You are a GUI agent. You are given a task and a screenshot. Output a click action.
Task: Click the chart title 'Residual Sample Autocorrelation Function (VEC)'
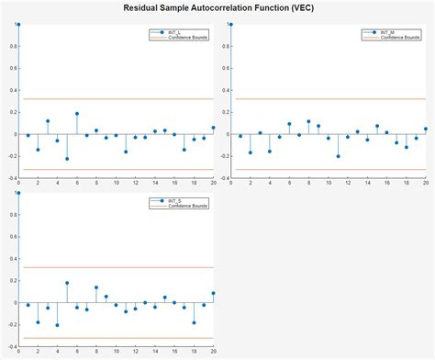(x=217, y=6)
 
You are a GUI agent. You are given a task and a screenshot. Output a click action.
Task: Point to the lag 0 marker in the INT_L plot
(x=18, y=24)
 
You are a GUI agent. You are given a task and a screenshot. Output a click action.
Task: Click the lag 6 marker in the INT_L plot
(x=77, y=114)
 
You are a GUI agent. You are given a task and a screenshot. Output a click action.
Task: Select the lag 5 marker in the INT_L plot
(x=67, y=159)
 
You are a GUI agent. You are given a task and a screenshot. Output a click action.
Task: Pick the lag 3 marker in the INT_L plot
(x=48, y=120)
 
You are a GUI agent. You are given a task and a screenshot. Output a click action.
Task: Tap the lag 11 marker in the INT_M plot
(x=338, y=156)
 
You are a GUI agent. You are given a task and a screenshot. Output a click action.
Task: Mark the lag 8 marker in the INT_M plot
(x=308, y=121)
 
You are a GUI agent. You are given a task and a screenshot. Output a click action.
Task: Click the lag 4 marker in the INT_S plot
(x=57, y=325)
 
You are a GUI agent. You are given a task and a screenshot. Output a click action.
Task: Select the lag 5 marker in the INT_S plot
(x=67, y=283)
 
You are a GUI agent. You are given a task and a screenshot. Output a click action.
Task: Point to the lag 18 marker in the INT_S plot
(x=194, y=322)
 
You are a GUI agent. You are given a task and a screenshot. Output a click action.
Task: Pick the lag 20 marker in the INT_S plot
(x=213, y=293)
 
